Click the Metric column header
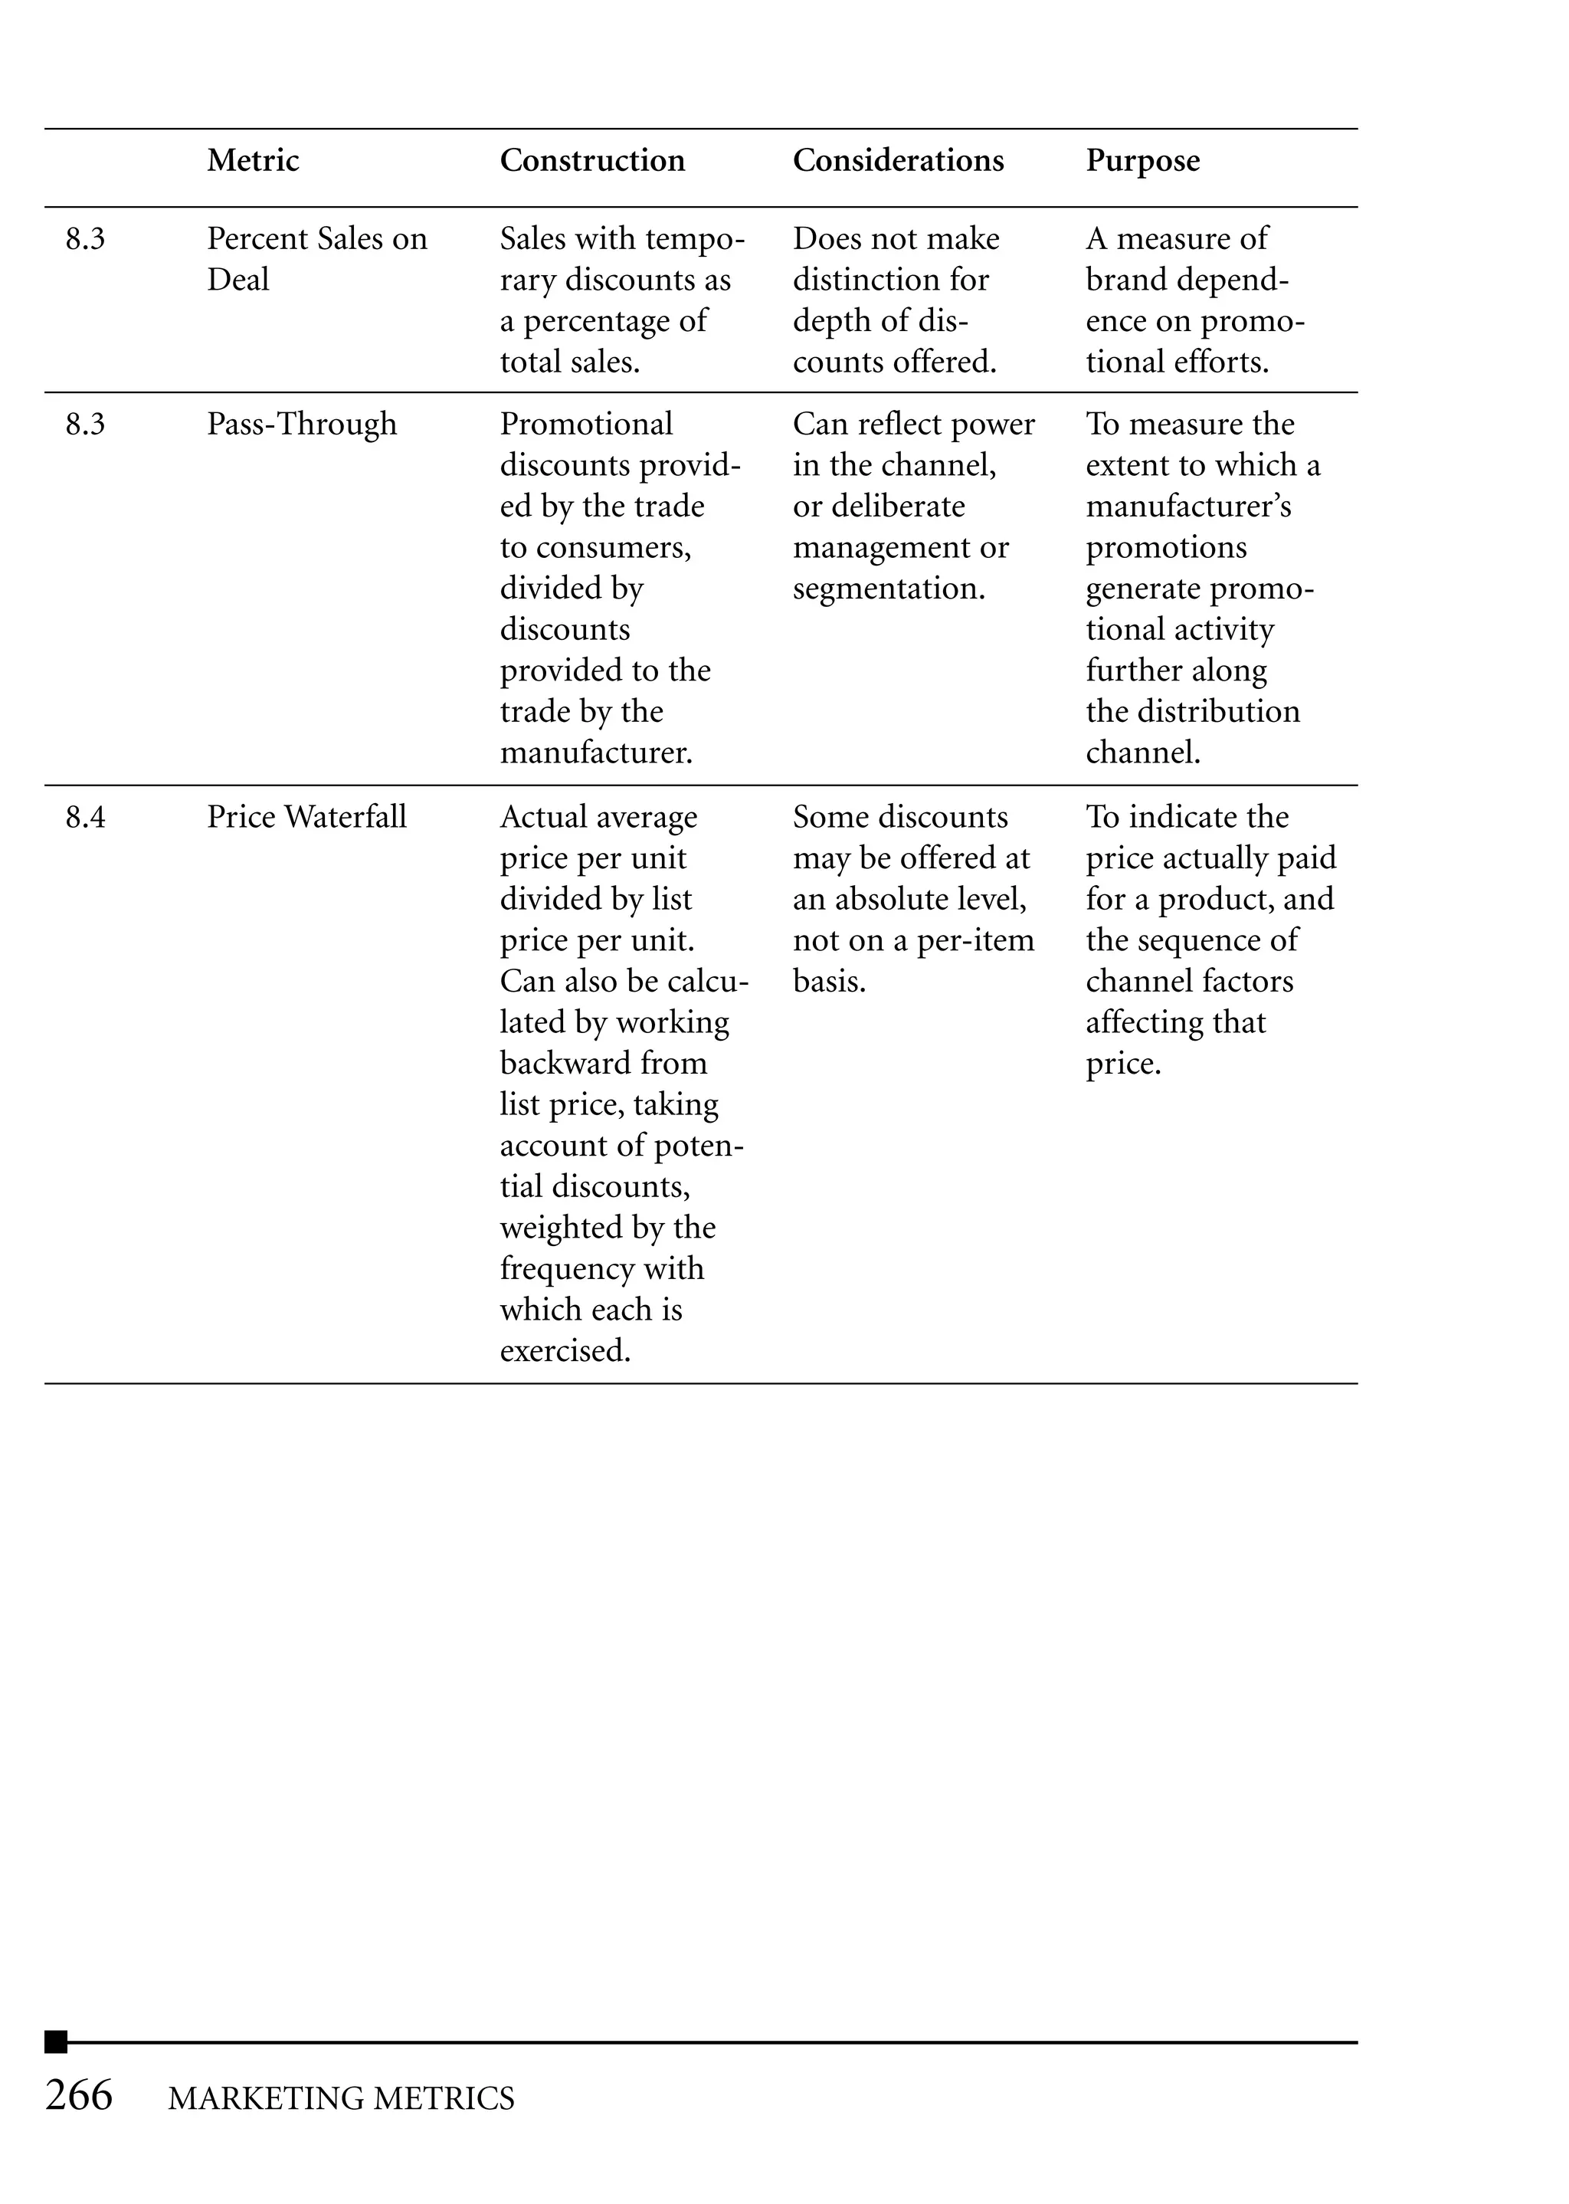(252, 160)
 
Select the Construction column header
(591, 160)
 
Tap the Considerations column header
(898, 160)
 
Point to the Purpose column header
(1142, 160)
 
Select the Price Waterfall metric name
(306, 818)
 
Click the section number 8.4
(85, 818)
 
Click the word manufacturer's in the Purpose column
(1187, 507)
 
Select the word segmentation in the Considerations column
(888, 589)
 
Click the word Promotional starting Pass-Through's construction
(585, 425)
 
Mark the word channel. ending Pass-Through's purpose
(1142, 753)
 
